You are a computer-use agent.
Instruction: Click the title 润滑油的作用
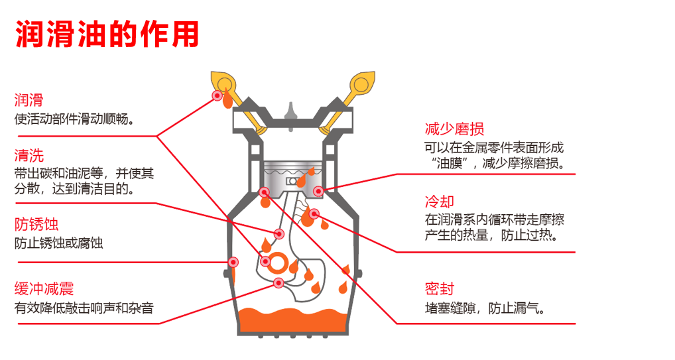(107, 32)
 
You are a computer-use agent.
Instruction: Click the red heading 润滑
(29, 100)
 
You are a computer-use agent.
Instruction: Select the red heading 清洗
(29, 156)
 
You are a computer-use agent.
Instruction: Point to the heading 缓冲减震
(44, 288)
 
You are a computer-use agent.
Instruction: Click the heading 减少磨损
(454, 129)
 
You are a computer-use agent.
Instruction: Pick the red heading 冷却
(439, 201)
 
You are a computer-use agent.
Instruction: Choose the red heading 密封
(439, 288)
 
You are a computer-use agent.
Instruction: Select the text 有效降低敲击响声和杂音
(84, 308)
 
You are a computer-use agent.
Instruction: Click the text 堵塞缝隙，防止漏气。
(485, 308)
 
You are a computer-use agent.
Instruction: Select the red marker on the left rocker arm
(217, 96)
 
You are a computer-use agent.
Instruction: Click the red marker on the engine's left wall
(232, 262)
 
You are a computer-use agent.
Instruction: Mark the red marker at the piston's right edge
(318, 191)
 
